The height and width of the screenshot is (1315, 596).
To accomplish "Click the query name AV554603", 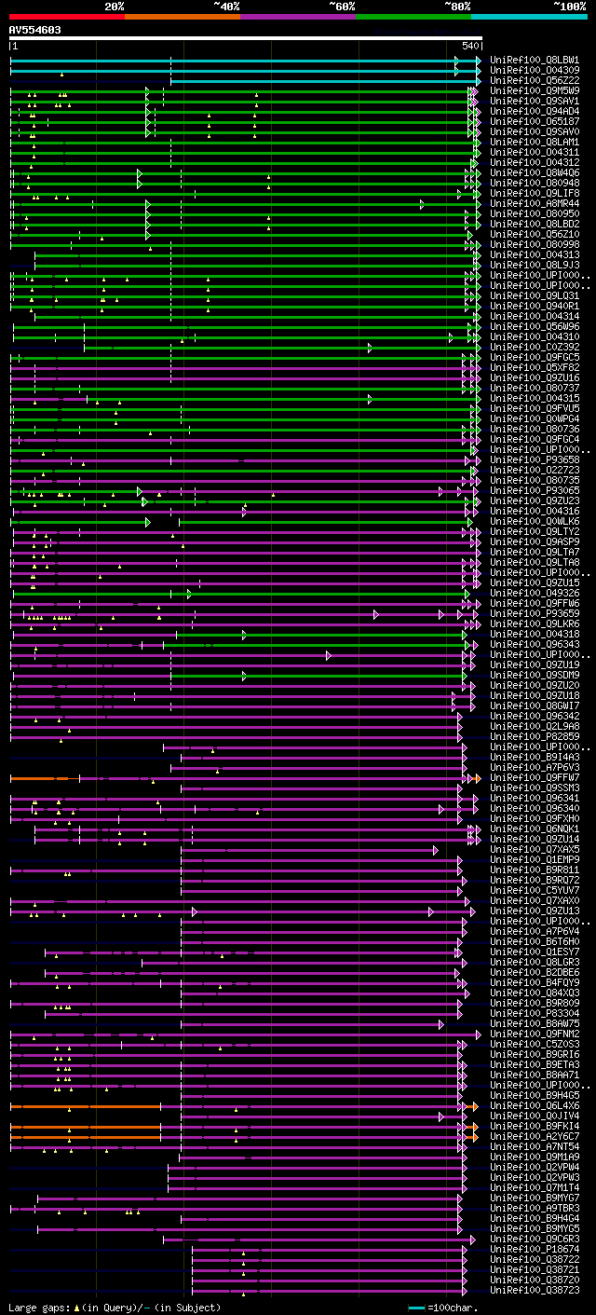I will (x=35, y=30).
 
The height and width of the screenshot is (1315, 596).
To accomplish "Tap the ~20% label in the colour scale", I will (x=114, y=6).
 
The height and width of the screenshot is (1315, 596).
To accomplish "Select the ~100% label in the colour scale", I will (x=569, y=6).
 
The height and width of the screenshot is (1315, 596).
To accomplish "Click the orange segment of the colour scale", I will (x=182, y=17).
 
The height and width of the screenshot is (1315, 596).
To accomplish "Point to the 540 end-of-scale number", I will (x=469, y=46).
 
